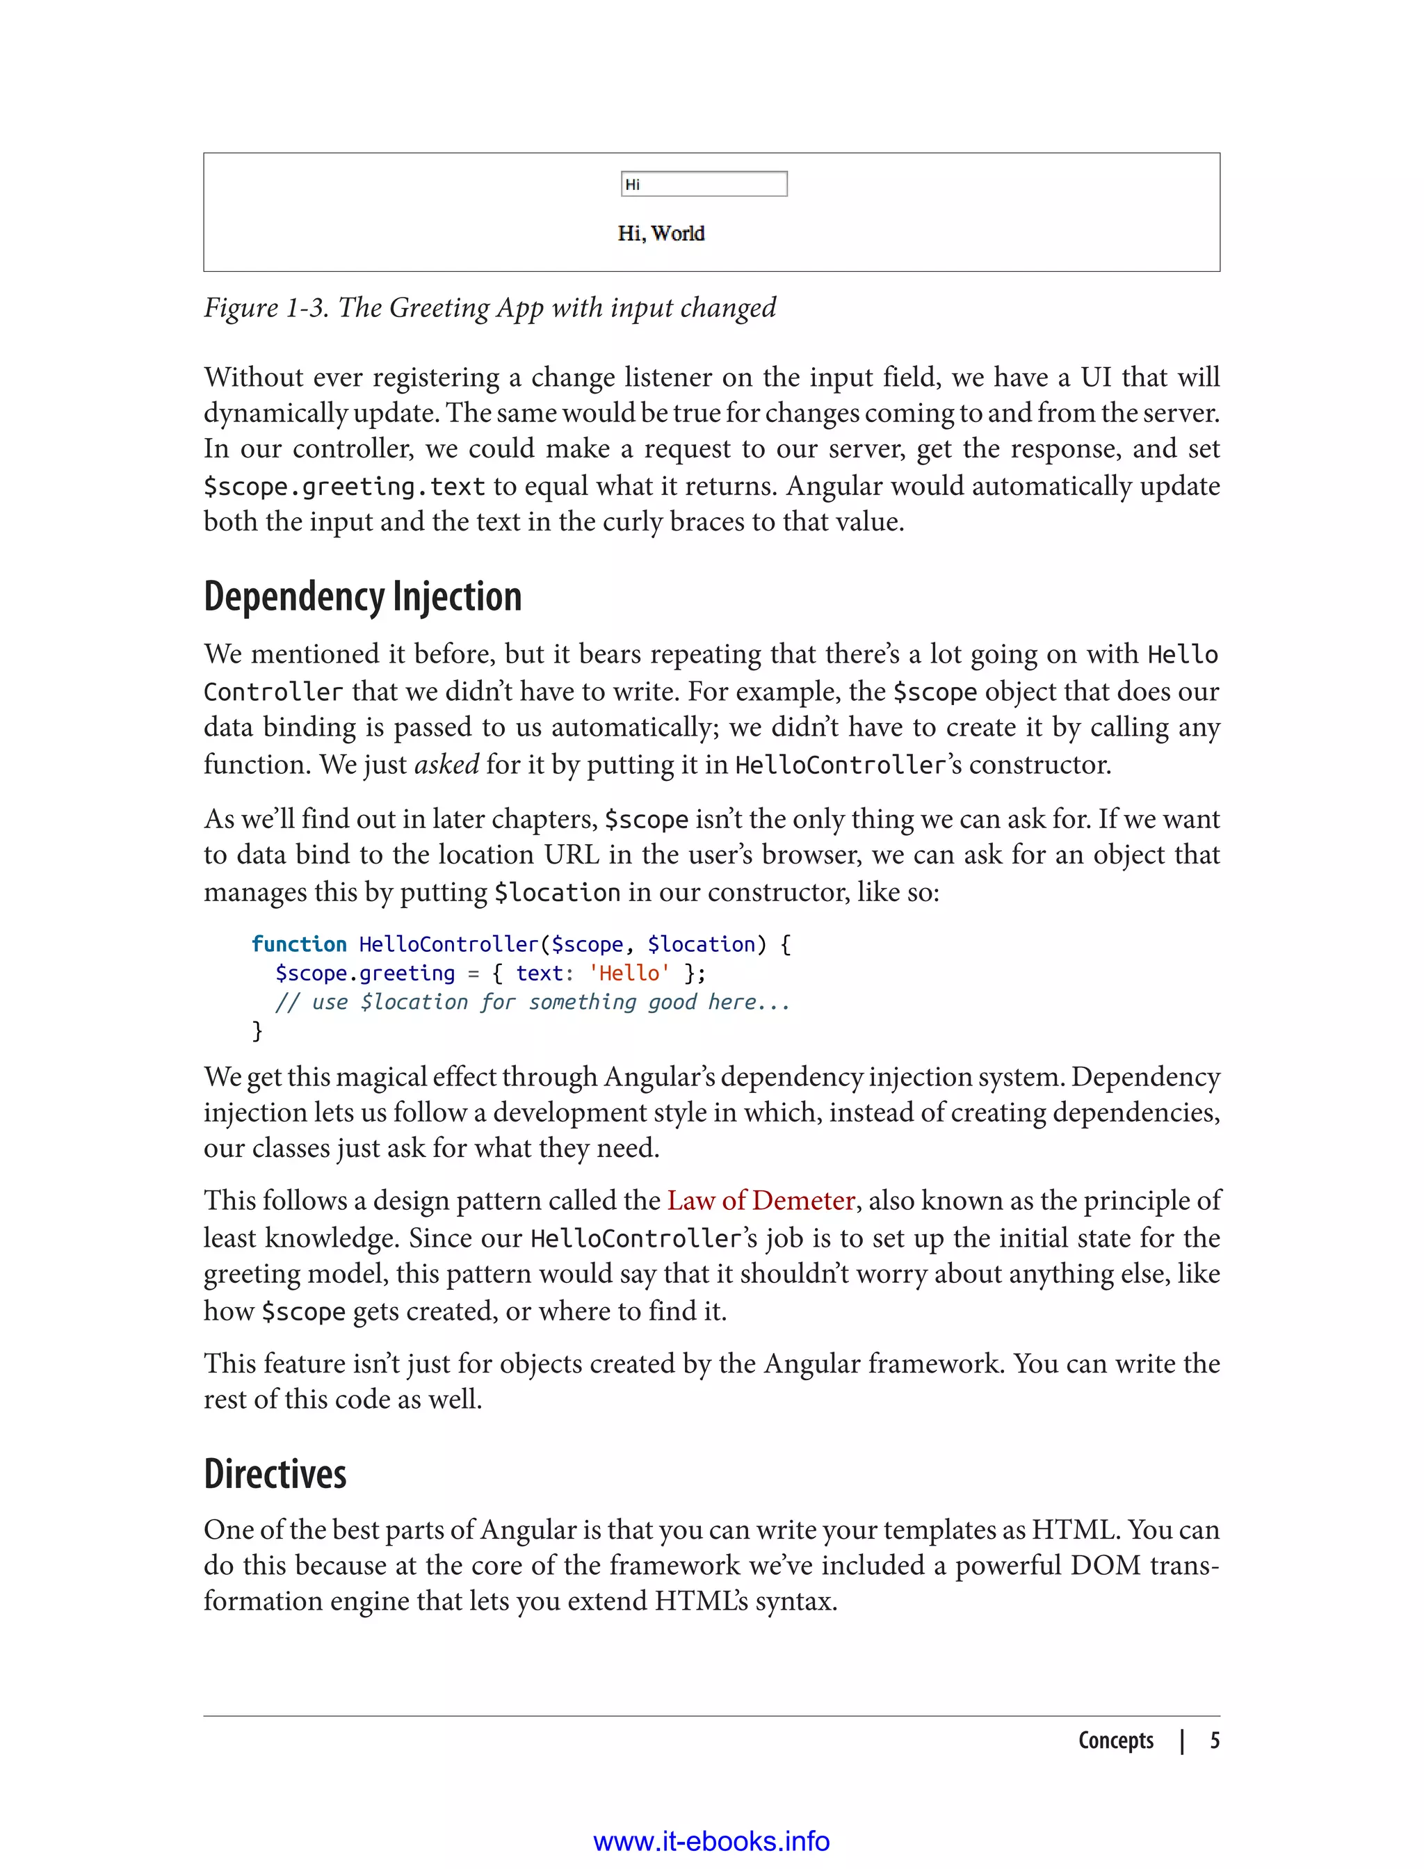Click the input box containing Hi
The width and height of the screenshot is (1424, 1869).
tap(704, 184)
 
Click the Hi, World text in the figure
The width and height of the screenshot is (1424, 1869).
tap(661, 233)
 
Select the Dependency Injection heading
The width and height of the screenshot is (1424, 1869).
tap(362, 597)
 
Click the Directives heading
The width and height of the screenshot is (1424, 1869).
tap(275, 1474)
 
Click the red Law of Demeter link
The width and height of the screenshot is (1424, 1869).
tap(760, 1200)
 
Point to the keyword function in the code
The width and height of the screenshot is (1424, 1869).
tap(298, 944)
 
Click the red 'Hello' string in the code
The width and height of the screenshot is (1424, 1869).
tap(629, 973)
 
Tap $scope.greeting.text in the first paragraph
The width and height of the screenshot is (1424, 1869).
tap(344, 487)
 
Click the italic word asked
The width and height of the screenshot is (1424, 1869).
tap(446, 765)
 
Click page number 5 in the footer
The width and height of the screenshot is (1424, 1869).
tap(1214, 1740)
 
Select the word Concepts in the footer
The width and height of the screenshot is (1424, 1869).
tap(1115, 1740)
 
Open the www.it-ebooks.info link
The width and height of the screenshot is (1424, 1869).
tap(711, 1841)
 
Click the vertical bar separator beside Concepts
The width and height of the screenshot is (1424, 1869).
tap(1181, 1741)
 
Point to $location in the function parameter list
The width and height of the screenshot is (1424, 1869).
tap(700, 944)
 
